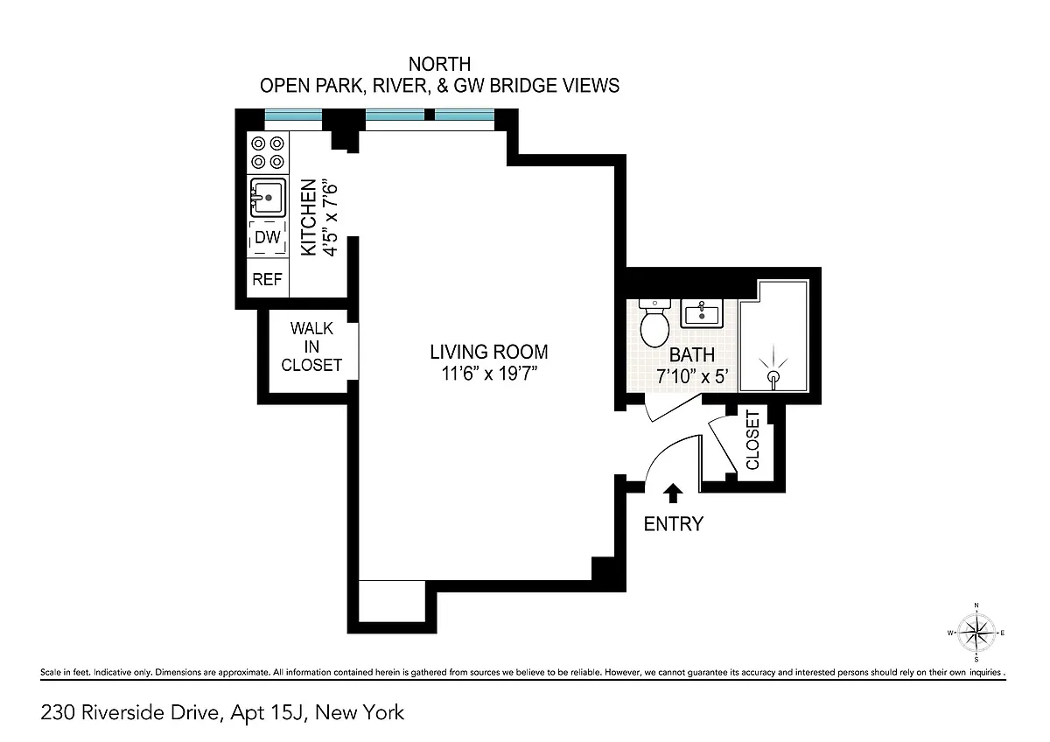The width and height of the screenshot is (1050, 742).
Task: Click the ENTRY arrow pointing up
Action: click(x=673, y=493)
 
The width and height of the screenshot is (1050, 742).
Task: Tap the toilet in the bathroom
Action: click(x=654, y=324)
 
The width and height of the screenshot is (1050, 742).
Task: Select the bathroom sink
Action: click(x=702, y=313)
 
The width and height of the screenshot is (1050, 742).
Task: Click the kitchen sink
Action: click(x=268, y=198)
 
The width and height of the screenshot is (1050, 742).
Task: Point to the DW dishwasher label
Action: click(x=268, y=237)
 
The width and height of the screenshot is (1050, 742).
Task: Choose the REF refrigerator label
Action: click(x=267, y=279)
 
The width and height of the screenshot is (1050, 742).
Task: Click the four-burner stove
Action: click(x=268, y=152)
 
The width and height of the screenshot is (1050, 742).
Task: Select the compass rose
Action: click(x=976, y=633)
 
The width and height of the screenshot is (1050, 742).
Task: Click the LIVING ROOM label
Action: click(x=489, y=352)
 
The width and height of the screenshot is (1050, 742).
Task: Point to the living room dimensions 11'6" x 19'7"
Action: click(x=489, y=374)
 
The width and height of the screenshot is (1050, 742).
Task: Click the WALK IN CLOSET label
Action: click(x=311, y=346)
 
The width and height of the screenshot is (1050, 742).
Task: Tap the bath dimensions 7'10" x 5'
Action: click(x=692, y=376)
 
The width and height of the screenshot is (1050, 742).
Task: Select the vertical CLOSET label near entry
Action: click(x=752, y=439)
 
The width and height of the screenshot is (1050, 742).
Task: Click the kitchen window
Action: click(x=293, y=115)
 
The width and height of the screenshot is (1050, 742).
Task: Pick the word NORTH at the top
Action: click(x=439, y=64)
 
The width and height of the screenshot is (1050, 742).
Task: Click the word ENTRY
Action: click(x=673, y=523)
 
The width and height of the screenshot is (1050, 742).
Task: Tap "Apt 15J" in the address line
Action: click(x=268, y=712)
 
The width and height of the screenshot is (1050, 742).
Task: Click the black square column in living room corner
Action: click(x=604, y=569)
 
